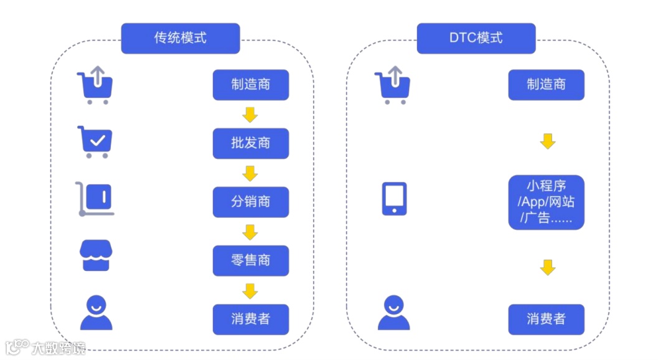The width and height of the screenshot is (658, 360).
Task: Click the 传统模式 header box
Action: (x=180, y=38)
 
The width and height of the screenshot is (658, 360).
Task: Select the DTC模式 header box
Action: (x=476, y=38)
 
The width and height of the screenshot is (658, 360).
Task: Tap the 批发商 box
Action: (x=250, y=143)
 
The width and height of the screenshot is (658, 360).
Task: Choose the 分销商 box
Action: (x=250, y=202)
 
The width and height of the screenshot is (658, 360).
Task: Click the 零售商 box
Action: (x=250, y=260)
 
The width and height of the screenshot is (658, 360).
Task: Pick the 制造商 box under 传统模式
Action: (x=250, y=85)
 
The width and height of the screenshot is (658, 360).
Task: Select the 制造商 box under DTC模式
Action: (x=546, y=85)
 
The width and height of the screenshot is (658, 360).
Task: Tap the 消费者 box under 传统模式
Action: (x=250, y=319)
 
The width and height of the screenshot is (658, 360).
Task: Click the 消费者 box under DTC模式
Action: (x=546, y=319)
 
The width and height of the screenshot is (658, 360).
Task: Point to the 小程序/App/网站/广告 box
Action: (x=546, y=202)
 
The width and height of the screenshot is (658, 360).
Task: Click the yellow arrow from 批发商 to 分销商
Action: (x=250, y=173)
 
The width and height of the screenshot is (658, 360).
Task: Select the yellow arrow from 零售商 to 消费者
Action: (x=250, y=290)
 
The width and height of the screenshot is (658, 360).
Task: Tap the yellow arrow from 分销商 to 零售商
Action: (x=250, y=232)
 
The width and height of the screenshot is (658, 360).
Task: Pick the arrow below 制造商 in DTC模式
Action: (x=547, y=141)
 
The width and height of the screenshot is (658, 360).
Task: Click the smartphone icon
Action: (x=394, y=199)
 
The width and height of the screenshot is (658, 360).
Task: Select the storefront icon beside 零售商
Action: (x=96, y=255)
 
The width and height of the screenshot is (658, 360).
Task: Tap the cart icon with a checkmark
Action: (x=95, y=142)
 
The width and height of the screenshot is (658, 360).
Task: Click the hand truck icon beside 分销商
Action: (x=95, y=199)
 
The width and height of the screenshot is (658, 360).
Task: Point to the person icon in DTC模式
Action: (x=393, y=313)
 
